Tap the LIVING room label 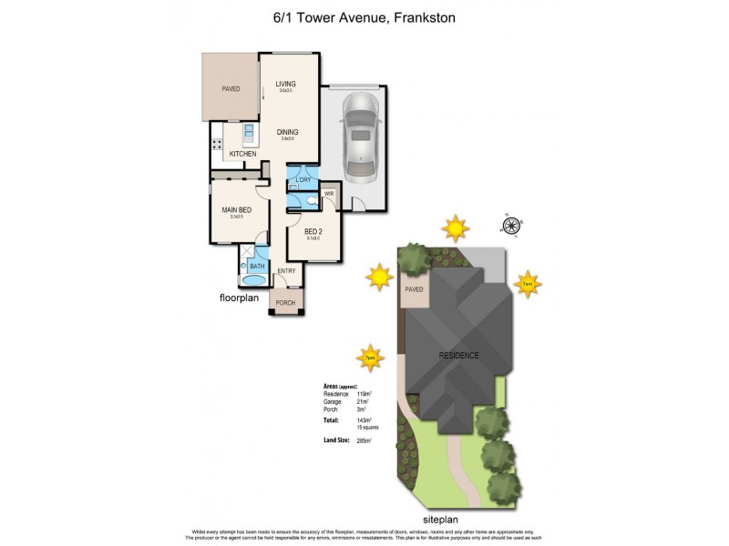tap(286, 85)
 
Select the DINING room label tap(287, 132)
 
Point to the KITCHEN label tap(230, 154)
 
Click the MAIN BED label tap(236, 211)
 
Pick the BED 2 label tap(312, 231)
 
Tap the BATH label tap(257, 266)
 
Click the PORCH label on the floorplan tap(285, 303)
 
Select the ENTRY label tap(286, 271)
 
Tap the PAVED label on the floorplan tap(230, 89)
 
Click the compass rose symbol tap(512, 225)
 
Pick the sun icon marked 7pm tap(369, 358)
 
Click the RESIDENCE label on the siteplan tap(458, 355)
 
